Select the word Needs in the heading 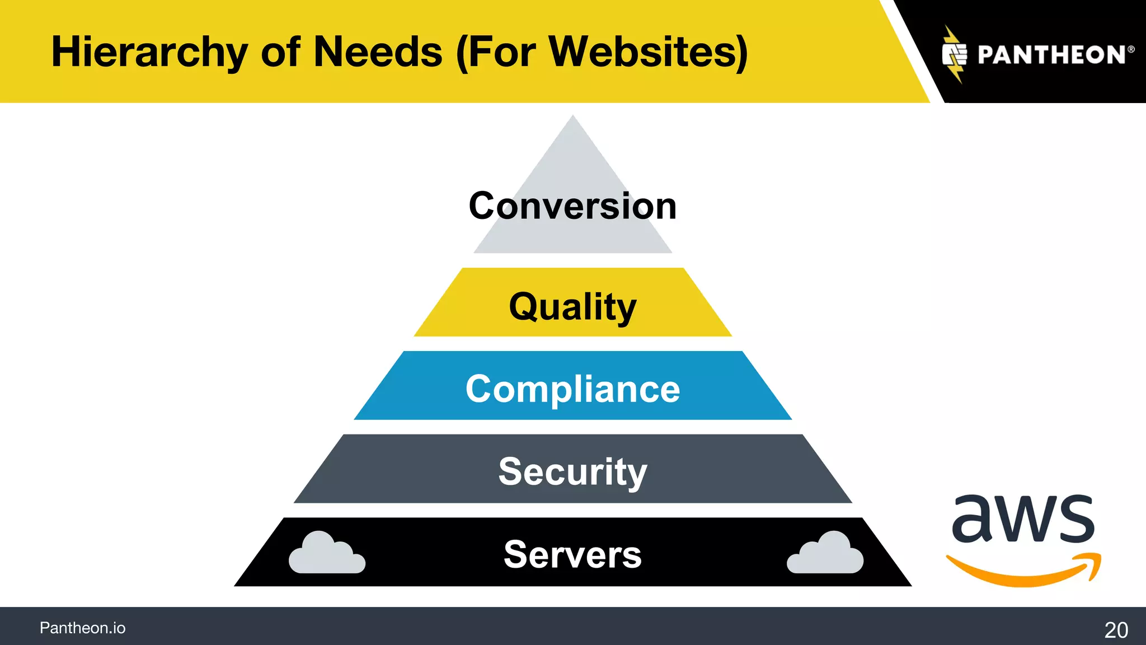point(378,52)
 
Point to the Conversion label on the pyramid point(572,206)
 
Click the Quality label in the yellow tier point(572,307)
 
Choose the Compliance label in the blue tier point(572,389)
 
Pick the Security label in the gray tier point(572,471)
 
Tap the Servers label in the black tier point(572,554)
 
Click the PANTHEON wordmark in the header point(1051,55)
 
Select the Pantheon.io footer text point(82,628)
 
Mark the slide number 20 point(1116,630)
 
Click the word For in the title point(500,52)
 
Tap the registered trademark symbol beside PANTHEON point(1131,49)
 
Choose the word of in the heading point(280,52)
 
